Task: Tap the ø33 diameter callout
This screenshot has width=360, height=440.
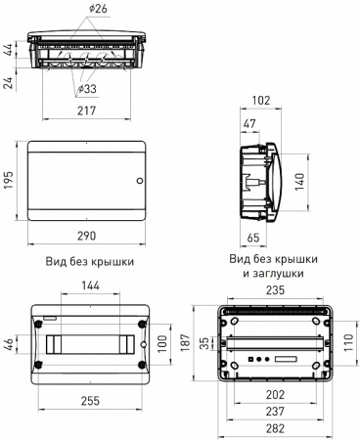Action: click(x=88, y=91)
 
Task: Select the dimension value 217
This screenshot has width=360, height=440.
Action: click(x=88, y=110)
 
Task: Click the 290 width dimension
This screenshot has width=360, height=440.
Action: click(x=89, y=237)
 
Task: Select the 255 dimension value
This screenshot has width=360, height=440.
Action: click(x=89, y=400)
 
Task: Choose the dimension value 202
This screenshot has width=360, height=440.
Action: click(x=276, y=395)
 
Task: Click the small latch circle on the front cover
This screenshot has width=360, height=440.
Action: click(x=139, y=182)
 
